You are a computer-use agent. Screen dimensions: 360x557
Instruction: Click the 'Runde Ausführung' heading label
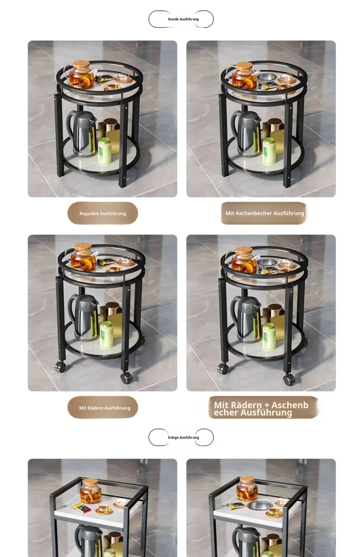[x=183, y=19]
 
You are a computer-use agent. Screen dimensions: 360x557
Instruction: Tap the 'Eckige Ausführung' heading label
[x=183, y=438]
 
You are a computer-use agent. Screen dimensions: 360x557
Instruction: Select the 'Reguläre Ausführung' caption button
[x=103, y=213]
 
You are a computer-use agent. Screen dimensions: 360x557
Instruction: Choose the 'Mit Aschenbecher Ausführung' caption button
[x=264, y=213]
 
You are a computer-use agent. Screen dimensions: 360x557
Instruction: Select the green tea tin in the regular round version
[x=105, y=151]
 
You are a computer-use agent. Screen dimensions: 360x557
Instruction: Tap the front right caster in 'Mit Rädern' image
[x=127, y=377]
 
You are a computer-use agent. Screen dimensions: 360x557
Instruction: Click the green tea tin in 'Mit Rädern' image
[x=106, y=335]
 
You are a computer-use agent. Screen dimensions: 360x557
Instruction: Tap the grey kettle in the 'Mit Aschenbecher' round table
[x=245, y=133]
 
